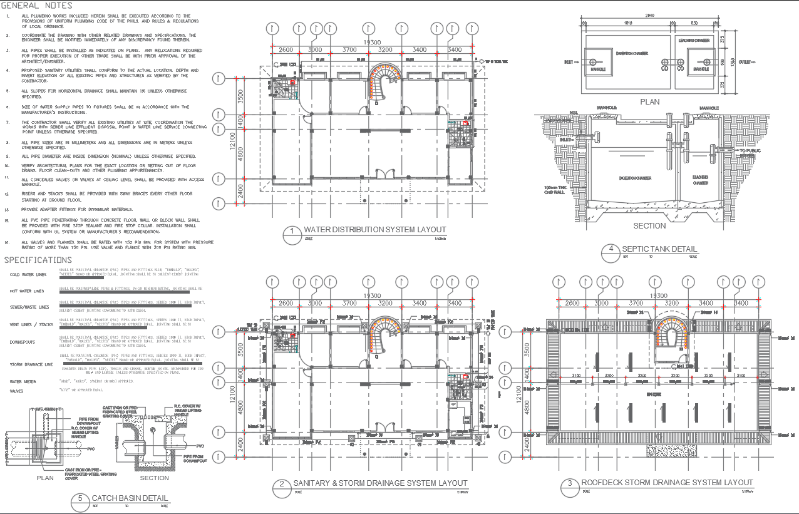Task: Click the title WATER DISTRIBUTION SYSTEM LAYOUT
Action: [374, 230]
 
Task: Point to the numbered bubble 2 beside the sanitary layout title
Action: [282, 485]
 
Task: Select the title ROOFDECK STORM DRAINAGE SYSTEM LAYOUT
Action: [667, 483]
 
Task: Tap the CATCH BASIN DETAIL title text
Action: [130, 499]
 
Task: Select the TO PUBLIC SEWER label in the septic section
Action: [751, 153]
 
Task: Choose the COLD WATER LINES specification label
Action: [28, 275]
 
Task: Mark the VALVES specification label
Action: [16, 391]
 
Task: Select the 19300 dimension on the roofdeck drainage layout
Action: [657, 296]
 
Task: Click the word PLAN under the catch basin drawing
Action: [45, 478]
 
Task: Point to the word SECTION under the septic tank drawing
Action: [649, 226]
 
